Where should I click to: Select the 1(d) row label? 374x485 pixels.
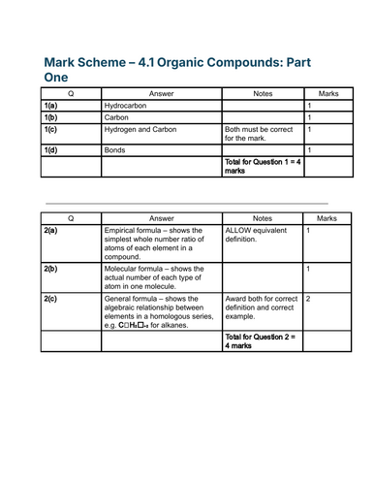[51, 150]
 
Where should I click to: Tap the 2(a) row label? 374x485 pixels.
[51, 231]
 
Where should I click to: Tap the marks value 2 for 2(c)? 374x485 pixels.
[309, 300]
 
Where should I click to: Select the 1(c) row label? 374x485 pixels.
[51, 128]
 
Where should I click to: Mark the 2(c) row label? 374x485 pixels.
[51, 300]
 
